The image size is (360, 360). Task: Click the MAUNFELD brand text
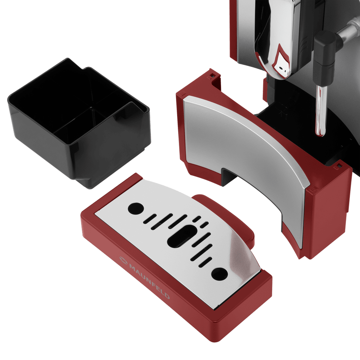pos(149,282)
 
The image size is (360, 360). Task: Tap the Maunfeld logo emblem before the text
pos(123,260)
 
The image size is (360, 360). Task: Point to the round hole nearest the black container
pos(136,208)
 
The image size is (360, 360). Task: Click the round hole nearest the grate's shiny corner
pos(220,274)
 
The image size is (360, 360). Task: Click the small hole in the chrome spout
pos(281,68)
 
